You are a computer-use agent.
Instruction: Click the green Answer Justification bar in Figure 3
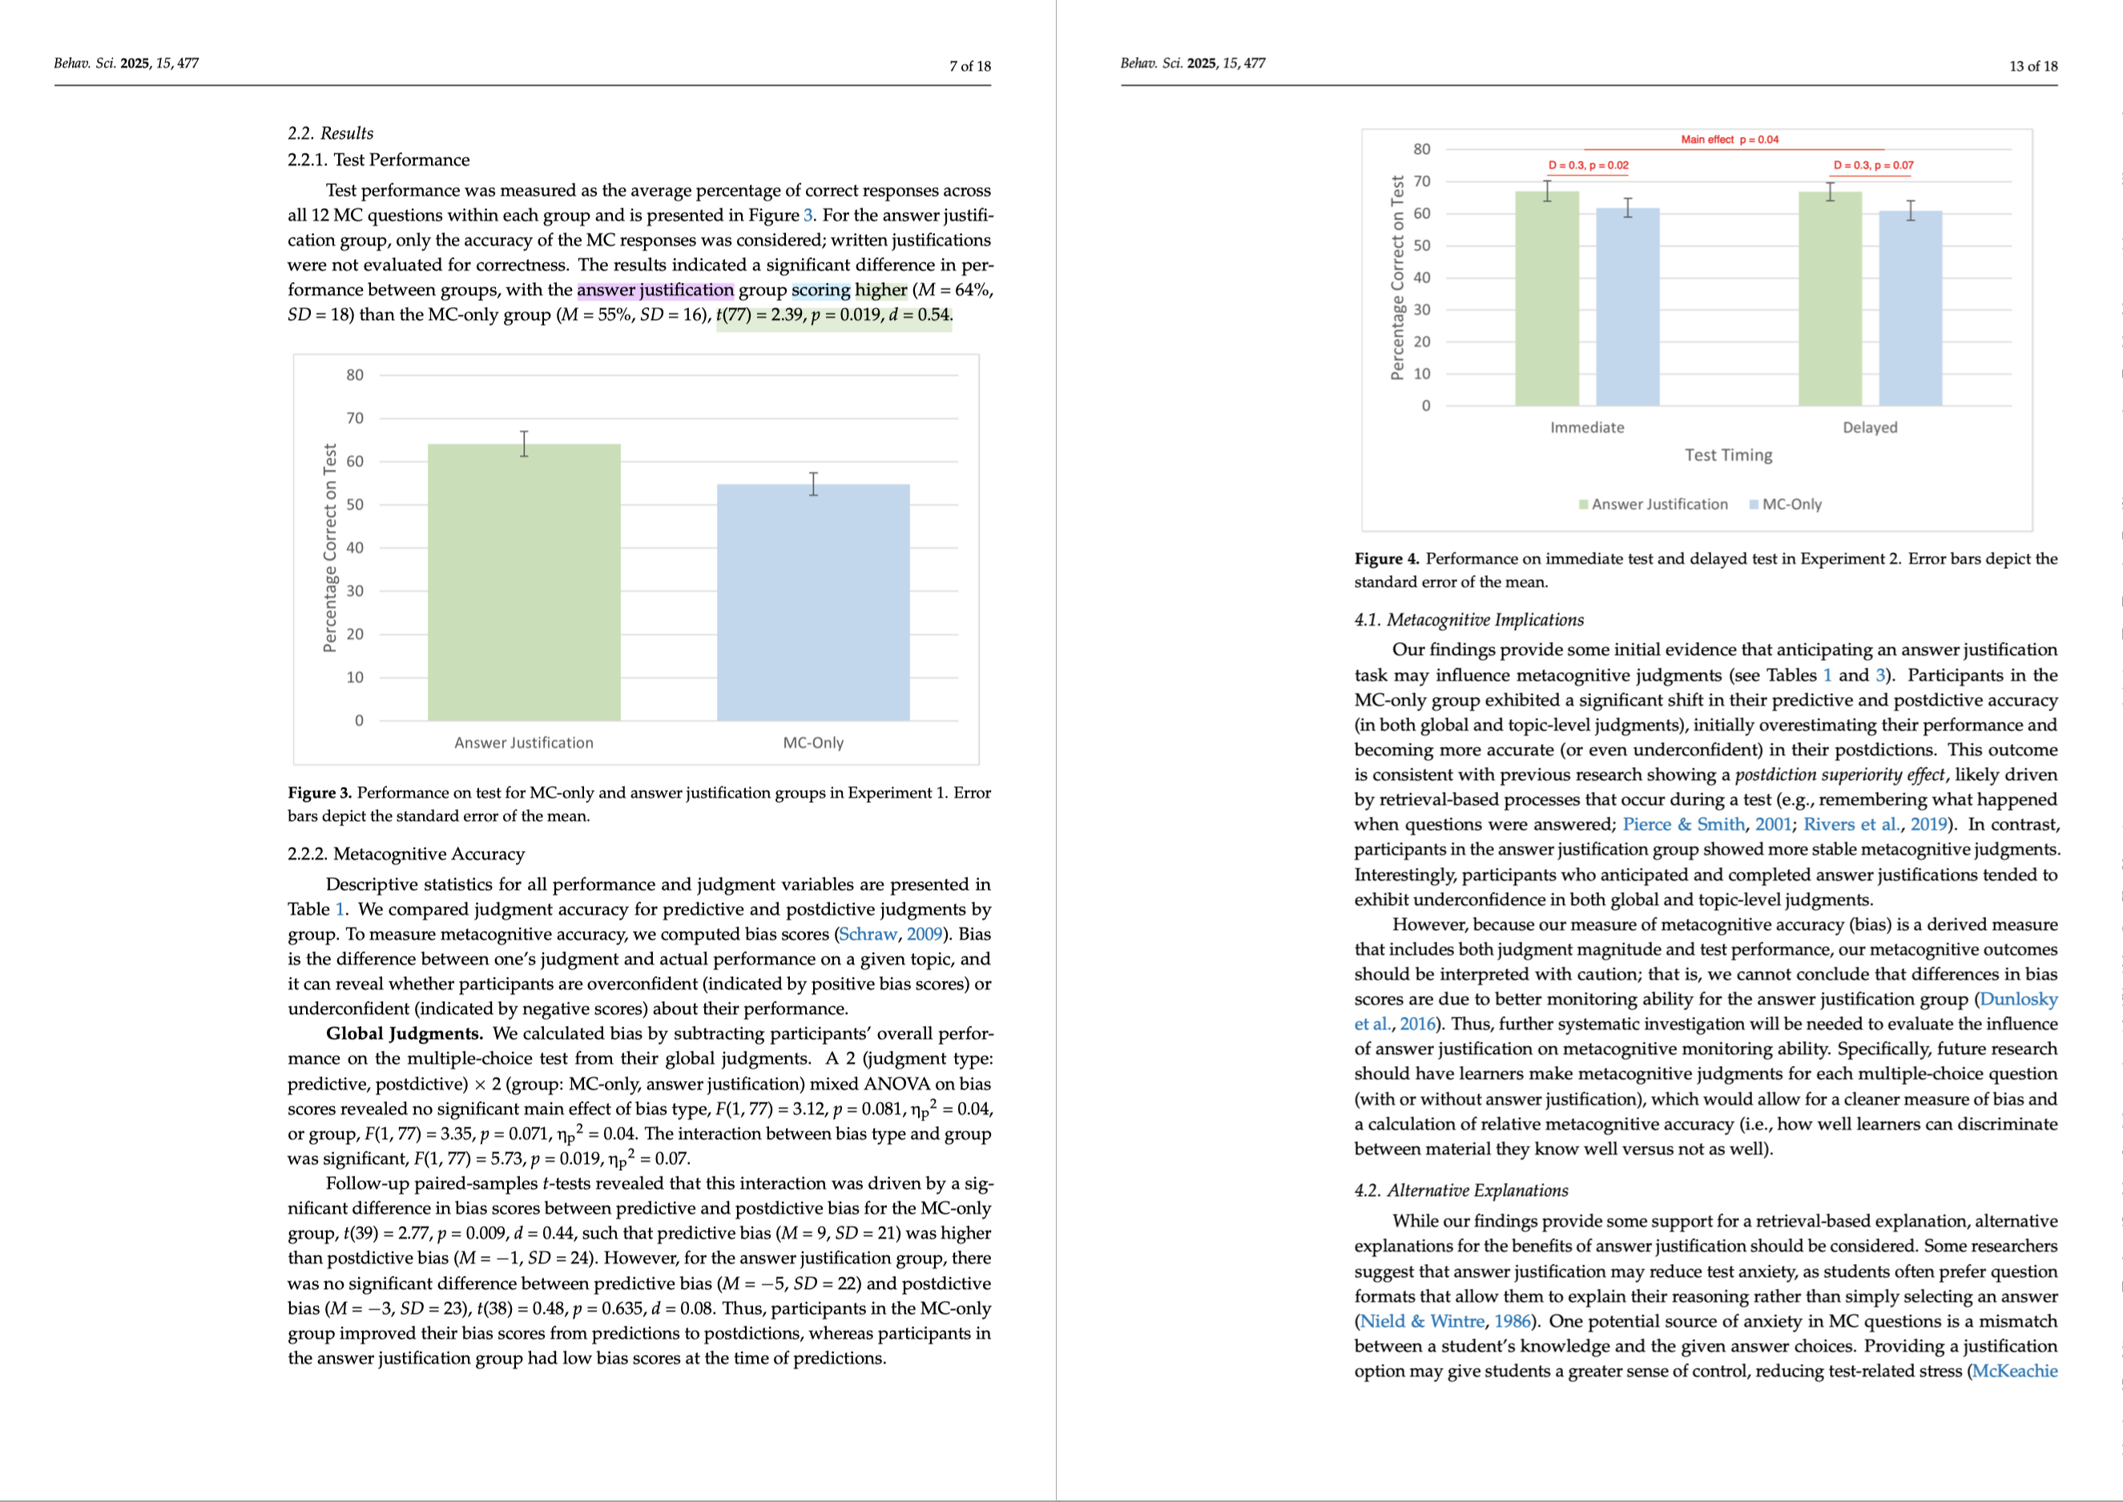[523, 582]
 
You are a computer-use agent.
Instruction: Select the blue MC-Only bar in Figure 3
[813, 602]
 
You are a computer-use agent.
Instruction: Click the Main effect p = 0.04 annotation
[1729, 139]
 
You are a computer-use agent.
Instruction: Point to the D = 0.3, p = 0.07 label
[1873, 166]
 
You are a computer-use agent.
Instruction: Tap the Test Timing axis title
[1728, 455]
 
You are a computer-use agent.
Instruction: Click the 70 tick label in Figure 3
[355, 418]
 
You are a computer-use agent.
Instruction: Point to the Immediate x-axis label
[1587, 427]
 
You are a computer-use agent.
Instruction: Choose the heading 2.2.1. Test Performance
[378, 160]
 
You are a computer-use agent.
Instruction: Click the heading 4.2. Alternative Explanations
[1461, 1190]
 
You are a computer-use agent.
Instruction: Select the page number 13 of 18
[2033, 66]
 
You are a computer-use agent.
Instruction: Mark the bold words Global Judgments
[404, 1033]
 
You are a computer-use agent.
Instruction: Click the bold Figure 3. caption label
[319, 793]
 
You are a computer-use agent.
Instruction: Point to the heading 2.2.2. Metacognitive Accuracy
[406, 854]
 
